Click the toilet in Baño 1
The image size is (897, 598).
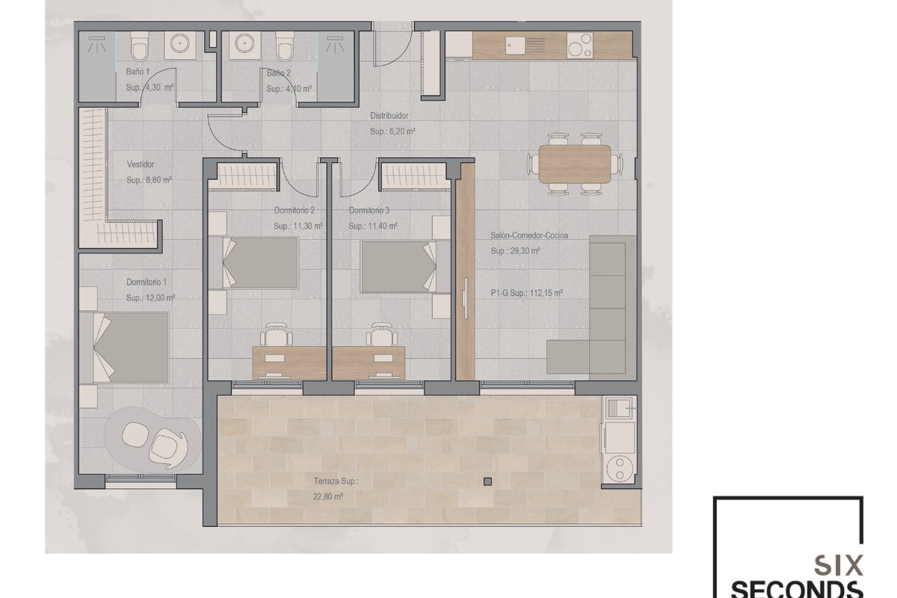[x=139, y=46]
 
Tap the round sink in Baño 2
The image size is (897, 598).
[x=244, y=43]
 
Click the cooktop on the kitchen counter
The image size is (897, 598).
[x=580, y=46]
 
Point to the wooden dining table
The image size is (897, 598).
[x=575, y=164]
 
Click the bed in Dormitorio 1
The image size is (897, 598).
[x=124, y=348]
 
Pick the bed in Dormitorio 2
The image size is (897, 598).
[x=253, y=262]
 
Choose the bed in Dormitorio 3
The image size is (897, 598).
[x=405, y=267]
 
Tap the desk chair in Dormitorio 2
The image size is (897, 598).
[x=276, y=334]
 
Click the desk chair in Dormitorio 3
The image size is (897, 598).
[x=382, y=334]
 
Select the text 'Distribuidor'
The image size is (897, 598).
[x=389, y=116]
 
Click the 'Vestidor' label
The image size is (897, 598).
[x=141, y=164]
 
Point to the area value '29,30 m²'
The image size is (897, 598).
[x=523, y=251]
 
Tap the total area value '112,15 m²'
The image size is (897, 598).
[x=546, y=293]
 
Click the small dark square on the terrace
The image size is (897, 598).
[x=487, y=481]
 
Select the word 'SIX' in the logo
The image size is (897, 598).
[x=839, y=566]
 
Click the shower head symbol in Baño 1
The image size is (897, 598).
[x=97, y=44]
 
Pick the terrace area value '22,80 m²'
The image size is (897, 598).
[x=328, y=496]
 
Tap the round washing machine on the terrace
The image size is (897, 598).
[x=620, y=469]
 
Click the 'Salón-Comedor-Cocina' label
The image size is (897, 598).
[x=529, y=235]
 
